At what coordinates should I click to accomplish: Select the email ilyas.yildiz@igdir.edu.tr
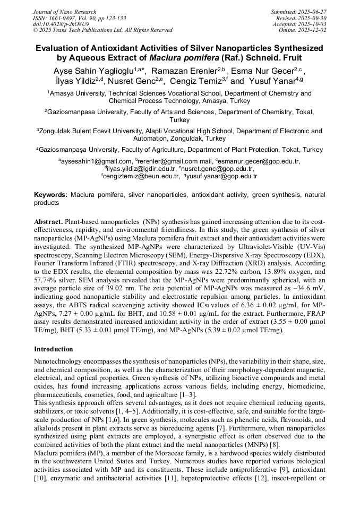140,169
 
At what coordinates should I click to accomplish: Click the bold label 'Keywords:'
50,195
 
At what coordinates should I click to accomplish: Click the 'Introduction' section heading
54,349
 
